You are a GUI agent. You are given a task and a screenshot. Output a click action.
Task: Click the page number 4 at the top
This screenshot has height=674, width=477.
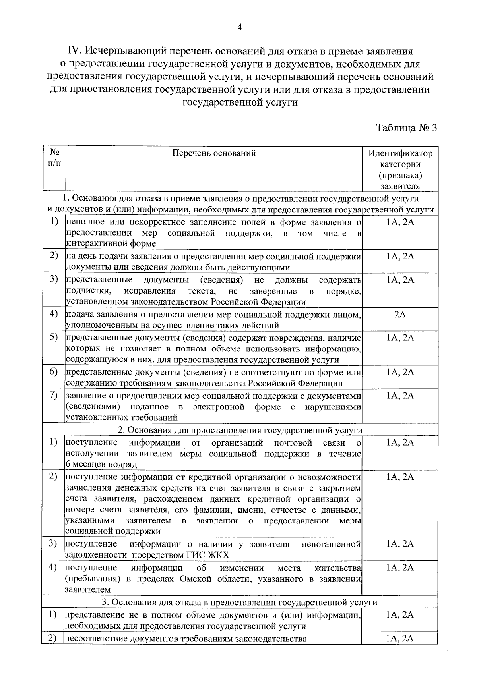[x=239, y=27]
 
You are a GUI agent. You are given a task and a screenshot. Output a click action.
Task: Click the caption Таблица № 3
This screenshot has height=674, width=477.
[x=406, y=128]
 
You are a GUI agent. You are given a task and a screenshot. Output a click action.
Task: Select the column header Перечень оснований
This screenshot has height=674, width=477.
[x=214, y=153]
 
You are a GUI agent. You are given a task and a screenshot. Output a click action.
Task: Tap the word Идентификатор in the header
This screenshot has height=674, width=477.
[x=400, y=153]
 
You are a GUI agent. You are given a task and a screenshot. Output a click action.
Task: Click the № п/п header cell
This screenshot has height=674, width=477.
[x=54, y=158]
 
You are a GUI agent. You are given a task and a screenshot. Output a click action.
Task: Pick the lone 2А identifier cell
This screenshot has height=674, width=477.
[x=400, y=315]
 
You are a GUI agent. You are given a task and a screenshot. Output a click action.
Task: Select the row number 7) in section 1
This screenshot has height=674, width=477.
[x=54, y=396]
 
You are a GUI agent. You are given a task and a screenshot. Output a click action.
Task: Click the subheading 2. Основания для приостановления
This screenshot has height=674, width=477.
[x=240, y=430]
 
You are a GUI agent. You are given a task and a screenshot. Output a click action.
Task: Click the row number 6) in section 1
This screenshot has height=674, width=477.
[x=54, y=372]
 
